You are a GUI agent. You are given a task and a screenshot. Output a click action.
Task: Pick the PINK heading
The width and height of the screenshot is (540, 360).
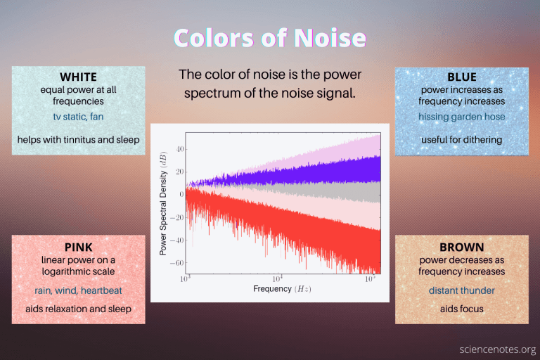tap(78, 247)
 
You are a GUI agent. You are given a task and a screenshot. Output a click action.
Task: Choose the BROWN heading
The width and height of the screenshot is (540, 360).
tap(461, 247)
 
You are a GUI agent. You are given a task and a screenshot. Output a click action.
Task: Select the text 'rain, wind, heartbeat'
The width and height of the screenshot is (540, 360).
tap(78, 290)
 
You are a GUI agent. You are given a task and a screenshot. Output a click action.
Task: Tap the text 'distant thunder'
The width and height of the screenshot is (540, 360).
tap(461, 290)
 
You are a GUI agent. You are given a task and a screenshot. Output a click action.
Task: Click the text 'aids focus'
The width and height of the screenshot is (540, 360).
tap(461, 309)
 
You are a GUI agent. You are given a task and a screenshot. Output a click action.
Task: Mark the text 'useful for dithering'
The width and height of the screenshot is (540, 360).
tap(461, 139)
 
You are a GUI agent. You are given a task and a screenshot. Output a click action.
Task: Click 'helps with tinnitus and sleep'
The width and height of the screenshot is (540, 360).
tap(78, 139)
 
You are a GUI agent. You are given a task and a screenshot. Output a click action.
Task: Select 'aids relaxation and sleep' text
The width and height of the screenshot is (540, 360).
tap(78, 309)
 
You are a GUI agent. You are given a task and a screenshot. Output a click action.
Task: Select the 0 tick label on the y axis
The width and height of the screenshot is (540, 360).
tap(181, 195)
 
